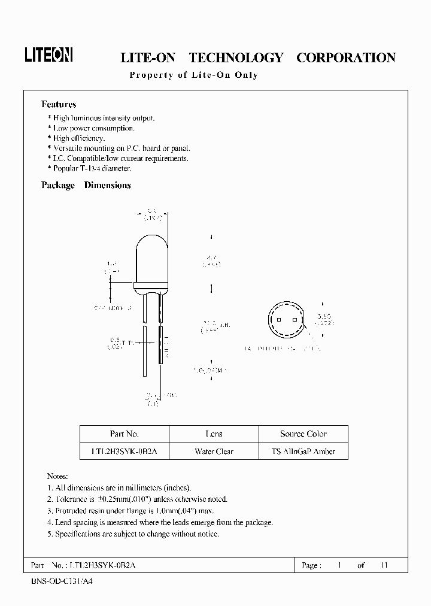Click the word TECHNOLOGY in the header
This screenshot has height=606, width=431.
[x=236, y=57]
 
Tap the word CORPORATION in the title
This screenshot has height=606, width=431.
[x=346, y=57]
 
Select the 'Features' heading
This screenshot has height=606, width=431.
[x=59, y=104]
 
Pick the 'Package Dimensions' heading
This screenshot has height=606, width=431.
[x=86, y=185]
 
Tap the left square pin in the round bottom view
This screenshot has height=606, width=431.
[x=279, y=319]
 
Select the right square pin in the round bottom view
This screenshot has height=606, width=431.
[x=295, y=319]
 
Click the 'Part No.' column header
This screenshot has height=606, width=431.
[x=125, y=434]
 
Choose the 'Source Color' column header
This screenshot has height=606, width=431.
[x=303, y=434]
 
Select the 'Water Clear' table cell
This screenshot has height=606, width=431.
[x=214, y=452]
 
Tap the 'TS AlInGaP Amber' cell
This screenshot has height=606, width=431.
[x=303, y=452]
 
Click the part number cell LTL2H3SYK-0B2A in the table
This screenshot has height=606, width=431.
[x=125, y=452]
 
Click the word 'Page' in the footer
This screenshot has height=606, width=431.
[x=311, y=565]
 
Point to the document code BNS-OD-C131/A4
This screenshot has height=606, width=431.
[x=61, y=581]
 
